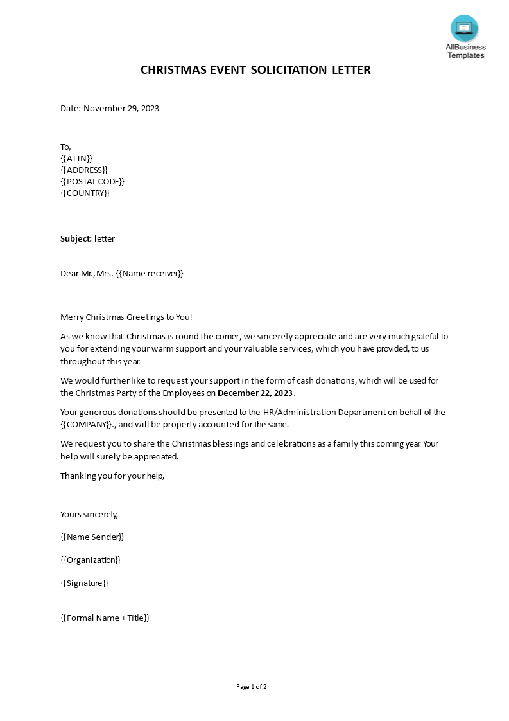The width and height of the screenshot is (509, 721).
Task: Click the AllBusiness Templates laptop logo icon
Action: [x=464, y=28]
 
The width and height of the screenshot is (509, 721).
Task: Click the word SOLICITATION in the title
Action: [x=288, y=70]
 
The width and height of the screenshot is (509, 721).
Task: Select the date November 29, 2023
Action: [x=121, y=108]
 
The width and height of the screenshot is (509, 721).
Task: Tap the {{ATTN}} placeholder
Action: [x=76, y=158]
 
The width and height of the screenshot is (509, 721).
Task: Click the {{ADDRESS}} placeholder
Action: [x=84, y=170]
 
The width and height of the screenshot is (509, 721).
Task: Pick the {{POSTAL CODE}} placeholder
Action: [x=92, y=181]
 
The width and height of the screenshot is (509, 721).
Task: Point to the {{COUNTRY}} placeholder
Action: [x=85, y=193]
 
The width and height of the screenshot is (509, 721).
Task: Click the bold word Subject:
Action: [x=76, y=238]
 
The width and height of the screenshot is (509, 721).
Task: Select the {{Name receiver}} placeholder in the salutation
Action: [x=150, y=273]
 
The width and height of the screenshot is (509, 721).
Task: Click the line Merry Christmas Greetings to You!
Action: [x=126, y=317]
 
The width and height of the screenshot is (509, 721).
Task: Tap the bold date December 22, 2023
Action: [x=255, y=393]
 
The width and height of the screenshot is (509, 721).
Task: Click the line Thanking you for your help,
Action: [x=112, y=476]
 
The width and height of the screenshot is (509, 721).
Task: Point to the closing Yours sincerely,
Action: [x=89, y=514]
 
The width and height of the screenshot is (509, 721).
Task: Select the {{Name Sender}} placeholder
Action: [x=92, y=537]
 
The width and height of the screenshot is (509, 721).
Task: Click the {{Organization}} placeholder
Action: [x=91, y=560]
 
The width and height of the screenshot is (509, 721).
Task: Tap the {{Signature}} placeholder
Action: [x=84, y=583]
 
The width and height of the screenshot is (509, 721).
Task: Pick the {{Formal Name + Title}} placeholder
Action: [x=105, y=618]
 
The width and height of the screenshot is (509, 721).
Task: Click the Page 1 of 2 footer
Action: [x=251, y=686]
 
